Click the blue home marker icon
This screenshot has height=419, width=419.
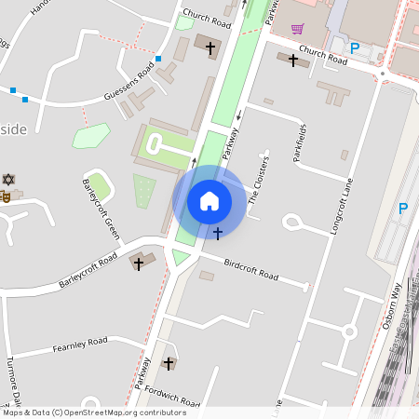click(x=209, y=200)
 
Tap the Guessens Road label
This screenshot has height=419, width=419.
click(x=129, y=83)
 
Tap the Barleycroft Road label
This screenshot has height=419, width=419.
click(x=88, y=268)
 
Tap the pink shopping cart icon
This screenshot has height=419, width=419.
click(x=297, y=28)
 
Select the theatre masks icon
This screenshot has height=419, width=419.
click(x=5, y=196)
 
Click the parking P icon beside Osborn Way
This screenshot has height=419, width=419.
click(x=402, y=209)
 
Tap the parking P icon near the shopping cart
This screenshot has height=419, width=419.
click(x=354, y=47)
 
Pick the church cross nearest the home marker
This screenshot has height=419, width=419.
click(x=218, y=232)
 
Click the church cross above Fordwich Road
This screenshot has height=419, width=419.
click(x=169, y=362)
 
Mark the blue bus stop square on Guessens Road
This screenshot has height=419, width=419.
click(x=158, y=60)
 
